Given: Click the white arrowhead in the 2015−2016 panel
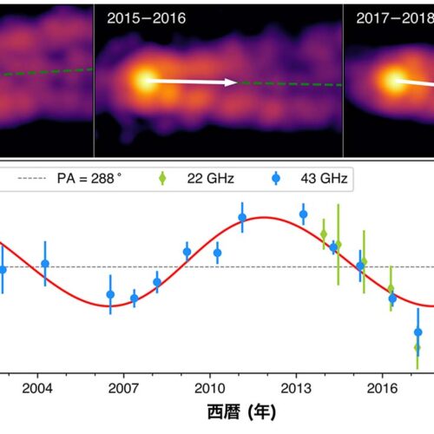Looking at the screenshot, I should click(232, 82).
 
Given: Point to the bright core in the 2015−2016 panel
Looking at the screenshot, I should click(144, 81).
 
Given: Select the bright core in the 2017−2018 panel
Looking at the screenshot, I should click(389, 81).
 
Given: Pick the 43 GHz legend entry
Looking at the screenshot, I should click(312, 180).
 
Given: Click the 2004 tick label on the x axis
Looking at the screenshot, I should click(37, 387).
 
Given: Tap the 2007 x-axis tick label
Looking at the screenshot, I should click(123, 387).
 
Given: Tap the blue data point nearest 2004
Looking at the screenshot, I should click(45, 264).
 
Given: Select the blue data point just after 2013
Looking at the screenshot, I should click(303, 214).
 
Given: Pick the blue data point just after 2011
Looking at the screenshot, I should click(242, 217).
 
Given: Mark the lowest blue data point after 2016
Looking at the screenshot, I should click(418, 332).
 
